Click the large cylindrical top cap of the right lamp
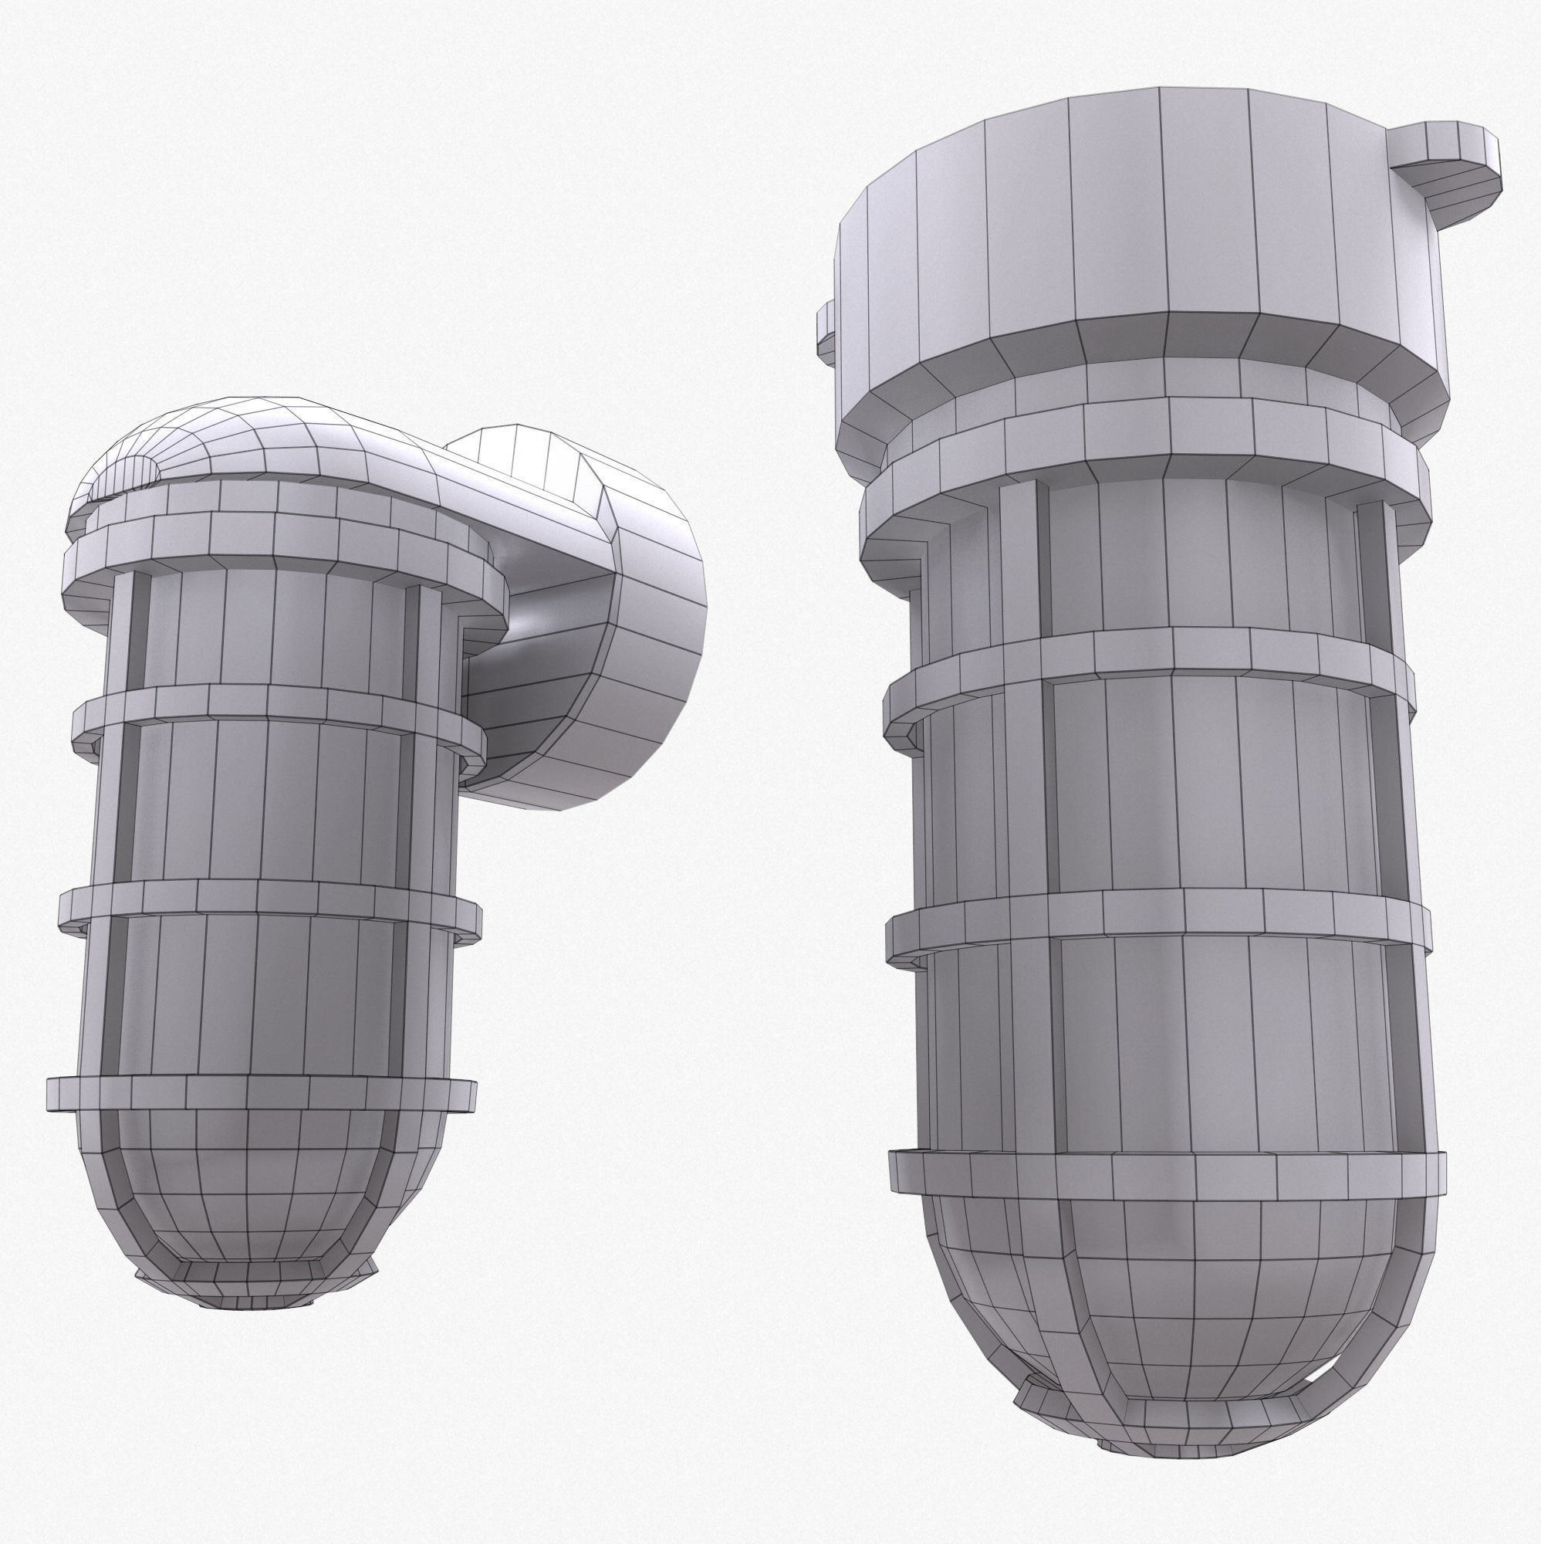1134,216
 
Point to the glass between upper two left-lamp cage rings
264,799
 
